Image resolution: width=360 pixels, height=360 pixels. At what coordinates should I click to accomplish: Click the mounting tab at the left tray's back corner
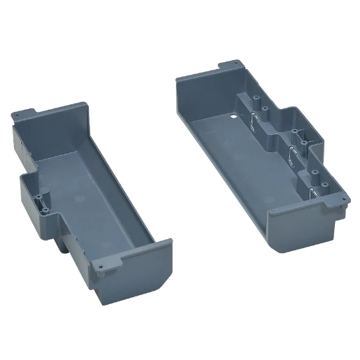tap(27, 112)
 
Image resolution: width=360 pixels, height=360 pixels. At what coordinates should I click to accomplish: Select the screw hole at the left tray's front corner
tap(103, 266)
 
